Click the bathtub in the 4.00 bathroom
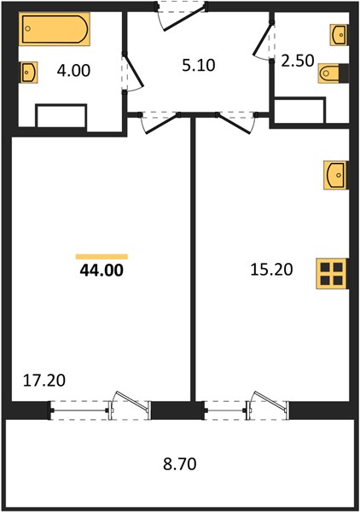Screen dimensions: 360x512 pyautogui.click(x=55, y=29)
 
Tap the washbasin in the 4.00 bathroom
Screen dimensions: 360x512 pyautogui.click(x=29, y=72)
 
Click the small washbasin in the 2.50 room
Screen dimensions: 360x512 pyautogui.click(x=339, y=34)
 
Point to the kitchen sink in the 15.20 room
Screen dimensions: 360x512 pyautogui.click(x=335, y=175)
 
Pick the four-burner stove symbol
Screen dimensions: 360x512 pyautogui.click(x=332, y=273)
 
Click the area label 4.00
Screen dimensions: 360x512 pyautogui.click(x=73, y=71)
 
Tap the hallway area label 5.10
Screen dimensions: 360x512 pyautogui.click(x=199, y=65)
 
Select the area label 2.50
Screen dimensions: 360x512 pyautogui.click(x=298, y=61)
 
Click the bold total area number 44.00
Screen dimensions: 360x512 pyautogui.click(x=102, y=271)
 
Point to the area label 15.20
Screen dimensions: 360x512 pyautogui.click(x=271, y=270)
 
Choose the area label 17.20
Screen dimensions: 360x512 pyautogui.click(x=44, y=380)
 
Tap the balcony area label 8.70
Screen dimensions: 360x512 pyautogui.click(x=180, y=463)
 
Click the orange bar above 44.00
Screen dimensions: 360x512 pyautogui.click(x=102, y=257)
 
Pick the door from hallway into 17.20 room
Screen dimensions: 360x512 pyautogui.click(x=160, y=122)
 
